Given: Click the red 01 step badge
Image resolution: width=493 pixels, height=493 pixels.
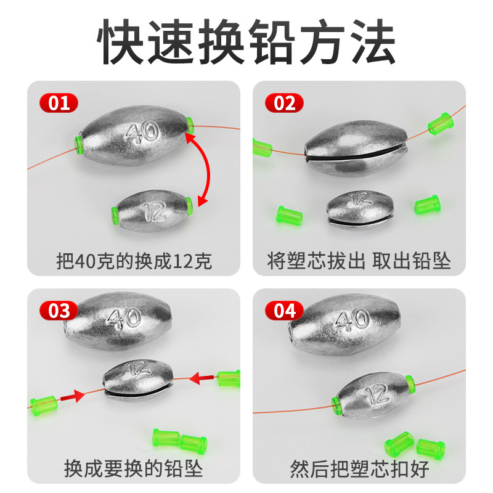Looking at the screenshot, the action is coord(59,103).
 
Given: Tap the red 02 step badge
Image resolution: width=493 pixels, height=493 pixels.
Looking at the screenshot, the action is coord(284,103).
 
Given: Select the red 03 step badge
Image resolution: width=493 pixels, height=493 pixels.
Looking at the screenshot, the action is coord(59,311).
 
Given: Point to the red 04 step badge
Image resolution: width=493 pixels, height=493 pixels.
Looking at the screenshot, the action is coord(284,311).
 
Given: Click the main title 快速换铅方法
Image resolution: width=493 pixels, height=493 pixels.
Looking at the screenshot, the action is coord(246,41).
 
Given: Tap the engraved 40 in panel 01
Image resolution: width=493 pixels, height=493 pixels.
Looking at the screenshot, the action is coord(142,132).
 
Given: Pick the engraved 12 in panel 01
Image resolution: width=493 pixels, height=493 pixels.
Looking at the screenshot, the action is coord(154,211).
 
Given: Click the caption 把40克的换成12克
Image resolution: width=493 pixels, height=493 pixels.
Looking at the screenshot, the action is coord(134,261).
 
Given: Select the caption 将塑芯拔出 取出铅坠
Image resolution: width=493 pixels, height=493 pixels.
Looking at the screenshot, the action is coord(359,261).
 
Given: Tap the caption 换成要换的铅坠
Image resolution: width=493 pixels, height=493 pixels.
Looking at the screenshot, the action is coord(133,468).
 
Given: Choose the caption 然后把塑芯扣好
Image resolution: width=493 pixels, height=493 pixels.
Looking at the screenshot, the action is coord(359,468).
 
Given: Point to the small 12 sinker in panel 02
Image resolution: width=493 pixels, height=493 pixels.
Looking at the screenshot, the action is coord(360,209).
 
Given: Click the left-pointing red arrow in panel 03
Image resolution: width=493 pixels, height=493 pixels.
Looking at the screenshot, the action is coord(203,378).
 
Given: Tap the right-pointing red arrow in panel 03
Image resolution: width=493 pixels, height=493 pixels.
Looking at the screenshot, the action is coord(72,396).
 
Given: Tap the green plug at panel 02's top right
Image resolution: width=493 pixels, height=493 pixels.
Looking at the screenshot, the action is coord(441,124).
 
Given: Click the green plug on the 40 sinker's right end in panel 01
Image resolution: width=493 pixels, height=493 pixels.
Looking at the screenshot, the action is coord(190,125).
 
